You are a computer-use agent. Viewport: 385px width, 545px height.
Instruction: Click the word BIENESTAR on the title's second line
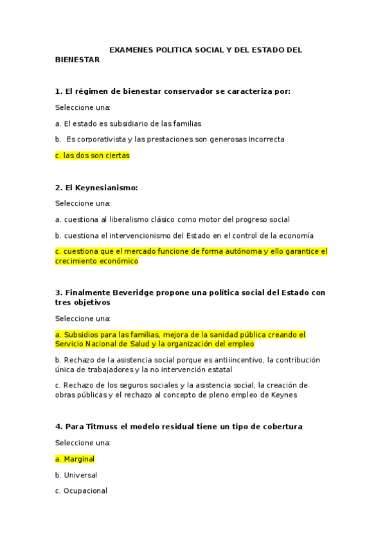[x=77, y=59]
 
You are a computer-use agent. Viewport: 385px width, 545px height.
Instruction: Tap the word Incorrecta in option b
[x=267, y=139]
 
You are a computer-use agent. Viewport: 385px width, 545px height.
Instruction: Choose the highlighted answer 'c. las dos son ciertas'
[x=93, y=155]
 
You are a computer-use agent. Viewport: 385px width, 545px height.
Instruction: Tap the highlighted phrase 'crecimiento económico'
[x=96, y=261]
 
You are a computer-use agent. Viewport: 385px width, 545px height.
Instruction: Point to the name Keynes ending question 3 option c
[x=285, y=395]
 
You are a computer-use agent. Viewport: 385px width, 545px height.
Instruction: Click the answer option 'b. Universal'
[x=76, y=475]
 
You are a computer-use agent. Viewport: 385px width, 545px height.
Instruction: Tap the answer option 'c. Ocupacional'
[x=81, y=491]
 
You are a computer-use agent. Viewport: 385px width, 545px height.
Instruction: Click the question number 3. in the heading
[x=58, y=292]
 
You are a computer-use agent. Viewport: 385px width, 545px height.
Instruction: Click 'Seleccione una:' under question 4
[x=83, y=443]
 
